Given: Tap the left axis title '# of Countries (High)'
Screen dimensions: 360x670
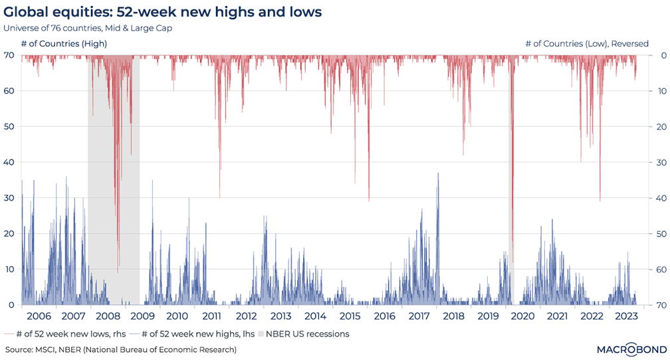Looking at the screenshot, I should coord(64,44).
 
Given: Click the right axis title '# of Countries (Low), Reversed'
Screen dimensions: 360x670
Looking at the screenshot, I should coord(587,44).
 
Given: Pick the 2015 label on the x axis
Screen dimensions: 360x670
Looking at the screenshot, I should coord(350,316).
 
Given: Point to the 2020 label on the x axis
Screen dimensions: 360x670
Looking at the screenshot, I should coord(522,316).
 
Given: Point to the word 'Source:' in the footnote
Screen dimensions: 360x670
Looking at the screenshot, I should coord(19,349).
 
